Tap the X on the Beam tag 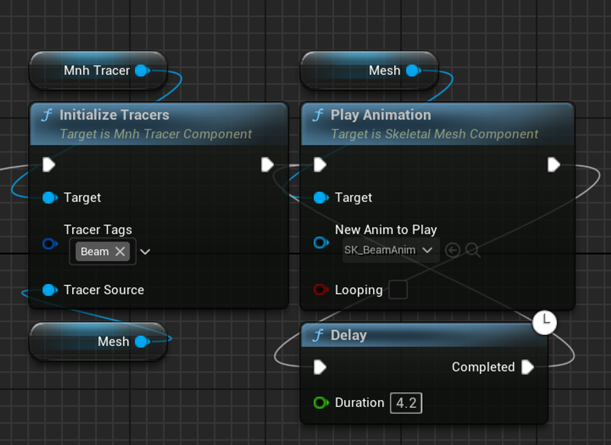pos(120,251)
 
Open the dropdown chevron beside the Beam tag pos(145,252)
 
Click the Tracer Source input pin pos(50,290)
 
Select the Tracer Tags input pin pos(50,243)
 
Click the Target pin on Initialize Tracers pos(50,198)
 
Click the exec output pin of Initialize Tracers pos(267,165)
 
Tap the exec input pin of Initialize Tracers pos(49,165)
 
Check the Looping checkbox pos(398,290)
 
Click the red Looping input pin pos(321,290)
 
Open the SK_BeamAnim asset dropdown pos(391,250)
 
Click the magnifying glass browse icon pos(473,250)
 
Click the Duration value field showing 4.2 pos(406,403)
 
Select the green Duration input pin pos(321,403)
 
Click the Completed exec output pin pos(527,367)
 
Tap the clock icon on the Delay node pos(545,322)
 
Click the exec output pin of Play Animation pos(554,165)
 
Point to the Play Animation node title pos(381,115)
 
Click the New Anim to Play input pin pos(321,243)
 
